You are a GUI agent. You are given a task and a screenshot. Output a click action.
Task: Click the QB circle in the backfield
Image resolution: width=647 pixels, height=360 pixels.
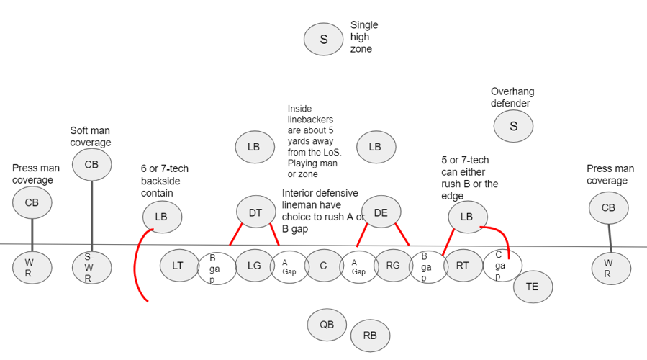click(327, 325)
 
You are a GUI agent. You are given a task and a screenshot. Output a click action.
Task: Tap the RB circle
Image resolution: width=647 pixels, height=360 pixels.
click(370, 336)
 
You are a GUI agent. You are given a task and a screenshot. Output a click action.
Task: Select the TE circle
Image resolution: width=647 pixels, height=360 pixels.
click(532, 287)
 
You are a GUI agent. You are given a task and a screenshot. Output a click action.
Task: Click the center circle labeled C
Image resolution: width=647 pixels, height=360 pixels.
click(323, 266)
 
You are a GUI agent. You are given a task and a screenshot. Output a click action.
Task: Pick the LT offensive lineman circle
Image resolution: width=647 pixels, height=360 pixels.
click(178, 266)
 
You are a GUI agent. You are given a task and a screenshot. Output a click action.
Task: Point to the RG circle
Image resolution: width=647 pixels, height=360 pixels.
click(393, 266)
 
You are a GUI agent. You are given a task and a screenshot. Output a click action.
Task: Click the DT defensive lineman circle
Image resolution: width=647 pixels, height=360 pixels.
click(255, 212)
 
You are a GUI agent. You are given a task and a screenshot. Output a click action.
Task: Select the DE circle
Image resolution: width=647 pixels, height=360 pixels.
click(381, 212)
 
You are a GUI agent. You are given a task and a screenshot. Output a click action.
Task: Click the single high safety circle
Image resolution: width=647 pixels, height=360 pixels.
click(323, 40)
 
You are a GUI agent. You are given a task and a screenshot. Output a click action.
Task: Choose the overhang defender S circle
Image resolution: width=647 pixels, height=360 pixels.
click(513, 127)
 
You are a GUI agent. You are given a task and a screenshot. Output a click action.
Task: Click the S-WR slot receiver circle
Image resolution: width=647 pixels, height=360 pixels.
click(91, 268)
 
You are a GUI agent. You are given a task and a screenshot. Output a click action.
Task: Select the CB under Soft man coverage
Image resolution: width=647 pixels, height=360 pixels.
click(91, 164)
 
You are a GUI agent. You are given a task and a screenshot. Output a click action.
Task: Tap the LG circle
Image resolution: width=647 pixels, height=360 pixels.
click(254, 266)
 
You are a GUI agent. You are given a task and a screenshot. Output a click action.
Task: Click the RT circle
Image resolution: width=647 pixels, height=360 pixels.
click(463, 266)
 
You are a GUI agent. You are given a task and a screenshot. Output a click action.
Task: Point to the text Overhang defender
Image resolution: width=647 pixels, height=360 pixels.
click(512, 97)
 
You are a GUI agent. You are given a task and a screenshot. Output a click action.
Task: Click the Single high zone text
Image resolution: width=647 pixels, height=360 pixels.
click(363, 37)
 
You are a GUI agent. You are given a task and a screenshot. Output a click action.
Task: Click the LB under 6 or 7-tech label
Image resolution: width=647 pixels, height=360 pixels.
click(161, 217)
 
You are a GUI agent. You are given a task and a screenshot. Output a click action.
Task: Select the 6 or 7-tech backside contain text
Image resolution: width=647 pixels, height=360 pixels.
click(165, 181)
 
